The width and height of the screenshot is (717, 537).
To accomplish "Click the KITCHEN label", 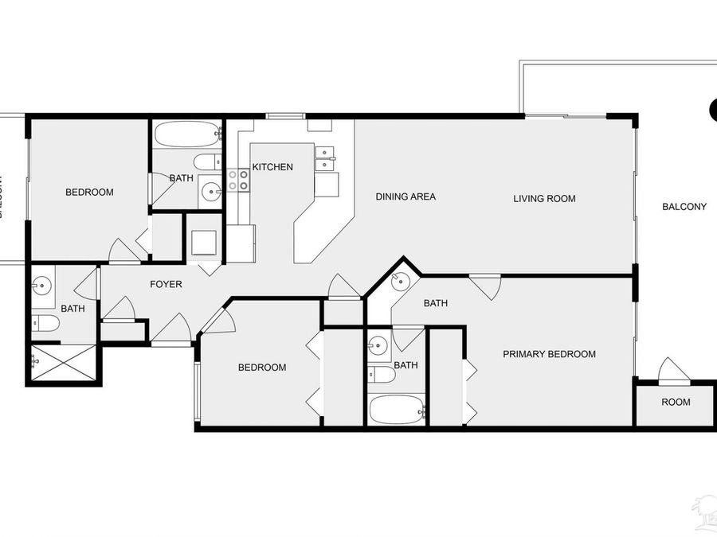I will [x=272, y=167].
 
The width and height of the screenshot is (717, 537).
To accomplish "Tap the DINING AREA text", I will [x=406, y=197].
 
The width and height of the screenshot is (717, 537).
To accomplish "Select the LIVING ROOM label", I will [x=544, y=199].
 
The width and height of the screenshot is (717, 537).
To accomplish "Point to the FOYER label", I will [x=167, y=284].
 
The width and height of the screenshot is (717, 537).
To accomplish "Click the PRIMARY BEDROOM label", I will [x=549, y=354].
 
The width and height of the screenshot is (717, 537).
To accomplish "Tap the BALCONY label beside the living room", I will [x=684, y=207].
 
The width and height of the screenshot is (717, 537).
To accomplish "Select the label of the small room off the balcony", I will [x=676, y=403].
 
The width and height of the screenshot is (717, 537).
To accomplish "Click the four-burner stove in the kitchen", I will [x=238, y=180].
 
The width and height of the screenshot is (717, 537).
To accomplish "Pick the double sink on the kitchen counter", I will [x=325, y=159].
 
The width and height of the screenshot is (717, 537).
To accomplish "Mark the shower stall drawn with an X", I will [x=65, y=364].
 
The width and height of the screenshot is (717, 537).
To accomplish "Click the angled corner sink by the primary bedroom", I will [x=400, y=280].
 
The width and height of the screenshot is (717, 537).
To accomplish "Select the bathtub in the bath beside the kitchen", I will [x=186, y=134].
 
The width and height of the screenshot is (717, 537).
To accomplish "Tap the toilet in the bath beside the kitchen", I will [x=207, y=162].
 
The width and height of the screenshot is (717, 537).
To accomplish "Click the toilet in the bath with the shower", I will [x=45, y=322].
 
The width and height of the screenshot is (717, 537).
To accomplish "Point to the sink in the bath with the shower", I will [x=42, y=284].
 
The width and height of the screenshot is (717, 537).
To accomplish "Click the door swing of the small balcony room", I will [x=673, y=369].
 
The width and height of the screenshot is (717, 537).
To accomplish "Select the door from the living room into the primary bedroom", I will [x=485, y=286].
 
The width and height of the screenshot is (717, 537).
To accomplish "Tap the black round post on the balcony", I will [x=714, y=111].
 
